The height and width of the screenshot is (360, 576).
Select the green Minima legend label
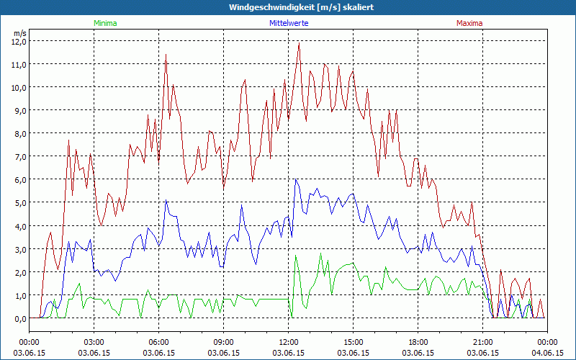point(104,23)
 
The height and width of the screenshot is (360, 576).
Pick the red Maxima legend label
point(469,23)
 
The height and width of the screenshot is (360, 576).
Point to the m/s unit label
point(19,33)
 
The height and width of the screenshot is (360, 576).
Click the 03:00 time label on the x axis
point(94,342)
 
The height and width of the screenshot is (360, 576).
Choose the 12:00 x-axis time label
point(289,342)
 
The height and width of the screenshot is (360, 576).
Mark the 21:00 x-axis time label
point(483,342)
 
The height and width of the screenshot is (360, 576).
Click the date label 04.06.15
point(548,353)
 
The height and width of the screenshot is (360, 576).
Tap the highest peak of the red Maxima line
point(299,43)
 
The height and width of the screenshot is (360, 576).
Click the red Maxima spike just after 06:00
point(166,54)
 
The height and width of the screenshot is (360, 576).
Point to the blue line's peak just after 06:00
point(166,201)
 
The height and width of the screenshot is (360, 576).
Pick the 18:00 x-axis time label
point(418,342)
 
